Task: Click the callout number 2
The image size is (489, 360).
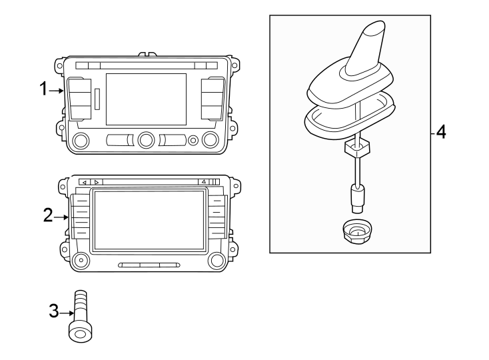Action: pos(47,216)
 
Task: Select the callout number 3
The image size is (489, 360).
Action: pos(55,311)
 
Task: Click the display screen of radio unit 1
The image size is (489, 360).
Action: pos(146,98)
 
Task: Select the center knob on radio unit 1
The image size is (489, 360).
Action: pos(146,140)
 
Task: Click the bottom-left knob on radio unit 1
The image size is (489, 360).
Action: pos(81,140)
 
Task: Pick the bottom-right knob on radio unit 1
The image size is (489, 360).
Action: pos(211,140)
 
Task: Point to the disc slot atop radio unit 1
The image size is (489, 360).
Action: pos(146,65)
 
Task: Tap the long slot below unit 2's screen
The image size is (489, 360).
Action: pos(149,265)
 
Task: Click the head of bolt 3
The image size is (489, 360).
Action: pos(79,331)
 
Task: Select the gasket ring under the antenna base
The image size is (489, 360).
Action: pos(348,121)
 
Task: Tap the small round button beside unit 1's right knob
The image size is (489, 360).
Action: pos(193,140)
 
